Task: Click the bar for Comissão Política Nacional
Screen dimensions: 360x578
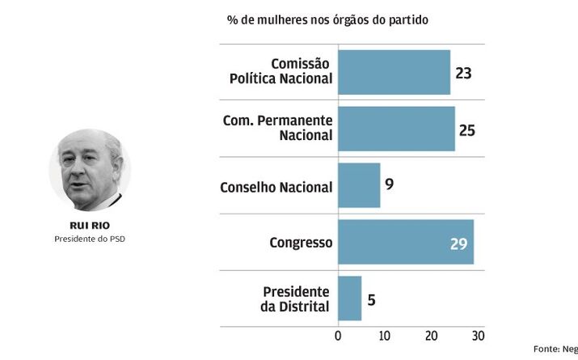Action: [394, 72]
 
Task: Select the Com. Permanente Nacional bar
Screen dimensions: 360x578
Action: [396, 129]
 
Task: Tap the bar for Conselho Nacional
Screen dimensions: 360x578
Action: [359, 185]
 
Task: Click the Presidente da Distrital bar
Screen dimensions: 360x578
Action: [349, 299]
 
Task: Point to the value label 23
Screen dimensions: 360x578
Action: [463, 73]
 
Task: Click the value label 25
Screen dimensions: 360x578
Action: [468, 129]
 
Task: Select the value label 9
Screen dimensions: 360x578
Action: [389, 185]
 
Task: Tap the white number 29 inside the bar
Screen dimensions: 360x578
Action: [458, 243]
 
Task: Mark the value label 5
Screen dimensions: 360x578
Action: [371, 299]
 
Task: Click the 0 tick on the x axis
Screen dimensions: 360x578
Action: [338, 336]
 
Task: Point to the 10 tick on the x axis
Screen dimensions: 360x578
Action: [384, 336]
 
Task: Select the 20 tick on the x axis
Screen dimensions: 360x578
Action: [431, 336]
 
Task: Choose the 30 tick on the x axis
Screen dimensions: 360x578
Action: [478, 336]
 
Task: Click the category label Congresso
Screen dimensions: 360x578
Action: [300, 242]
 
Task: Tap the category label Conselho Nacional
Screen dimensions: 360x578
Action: [276, 187]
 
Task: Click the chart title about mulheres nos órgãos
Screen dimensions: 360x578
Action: [327, 19]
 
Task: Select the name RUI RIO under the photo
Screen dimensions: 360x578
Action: [89, 226]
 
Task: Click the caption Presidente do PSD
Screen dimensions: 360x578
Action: [89, 239]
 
